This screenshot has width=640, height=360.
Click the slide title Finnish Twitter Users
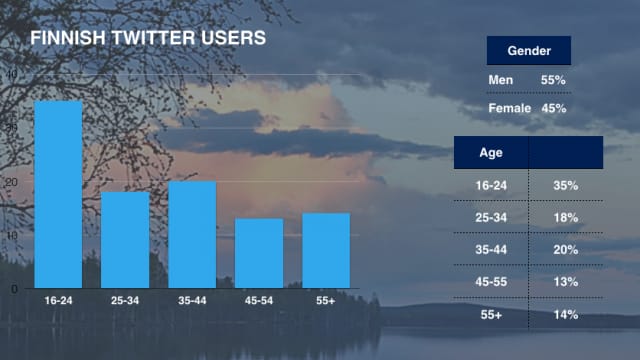click(148, 39)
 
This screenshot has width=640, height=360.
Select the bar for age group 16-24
click(58, 194)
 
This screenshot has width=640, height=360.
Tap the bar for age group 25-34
click(125, 239)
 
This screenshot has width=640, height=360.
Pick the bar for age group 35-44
click(192, 234)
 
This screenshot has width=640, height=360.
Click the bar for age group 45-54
click(259, 253)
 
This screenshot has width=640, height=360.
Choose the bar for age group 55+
click(326, 250)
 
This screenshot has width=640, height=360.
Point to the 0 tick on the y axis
click(14, 288)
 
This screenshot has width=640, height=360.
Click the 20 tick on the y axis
click(12, 182)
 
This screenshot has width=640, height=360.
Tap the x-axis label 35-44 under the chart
click(192, 300)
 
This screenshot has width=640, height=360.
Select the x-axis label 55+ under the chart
click(326, 300)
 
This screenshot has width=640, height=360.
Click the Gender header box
click(528, 51)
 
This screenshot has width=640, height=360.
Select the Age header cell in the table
click(490, 153)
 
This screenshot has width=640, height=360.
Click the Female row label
click(509, 108)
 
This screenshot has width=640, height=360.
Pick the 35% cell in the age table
click(565, 185)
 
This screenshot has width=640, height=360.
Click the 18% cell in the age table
click(565, 217)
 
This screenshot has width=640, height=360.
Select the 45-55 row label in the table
click(490, 281)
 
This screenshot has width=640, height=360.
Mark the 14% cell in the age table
click(565, 313)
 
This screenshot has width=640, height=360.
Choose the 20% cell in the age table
click(565, 249)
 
